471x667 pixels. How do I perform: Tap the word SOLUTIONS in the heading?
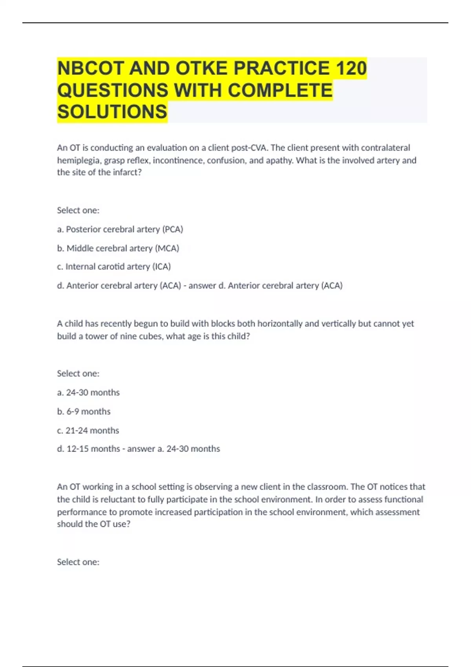pyautogui.click(x=112, y=112)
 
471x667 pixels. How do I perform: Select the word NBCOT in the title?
pyautogui.click(x=91, y=68)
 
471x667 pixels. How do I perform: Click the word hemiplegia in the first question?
pyautogui.click(x=78, y=160)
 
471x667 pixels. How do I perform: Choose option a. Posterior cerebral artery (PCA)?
pyautogui.click(x=120, y=229)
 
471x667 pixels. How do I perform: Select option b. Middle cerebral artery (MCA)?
pyautogui.click(x=118, y=248)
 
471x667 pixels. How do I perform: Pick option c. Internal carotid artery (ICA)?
pyautogui.click(x=114, y=267)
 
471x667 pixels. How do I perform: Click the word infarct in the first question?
pyautogui.click(x=127, y=173)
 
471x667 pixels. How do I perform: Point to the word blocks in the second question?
pyautogui.click(x=223, y=324)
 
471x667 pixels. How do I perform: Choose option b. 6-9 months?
pyautogui.click(x=84, y=412)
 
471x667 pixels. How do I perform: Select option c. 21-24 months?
pyautogui.click(x=88, y=430)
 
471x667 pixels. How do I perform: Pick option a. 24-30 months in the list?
pyautogui.click(x=88, y=393)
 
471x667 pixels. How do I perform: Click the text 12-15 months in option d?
pyautogui.click(x=93, y=449)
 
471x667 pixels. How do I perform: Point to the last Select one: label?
pyautogui.click(x=78, y=562)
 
